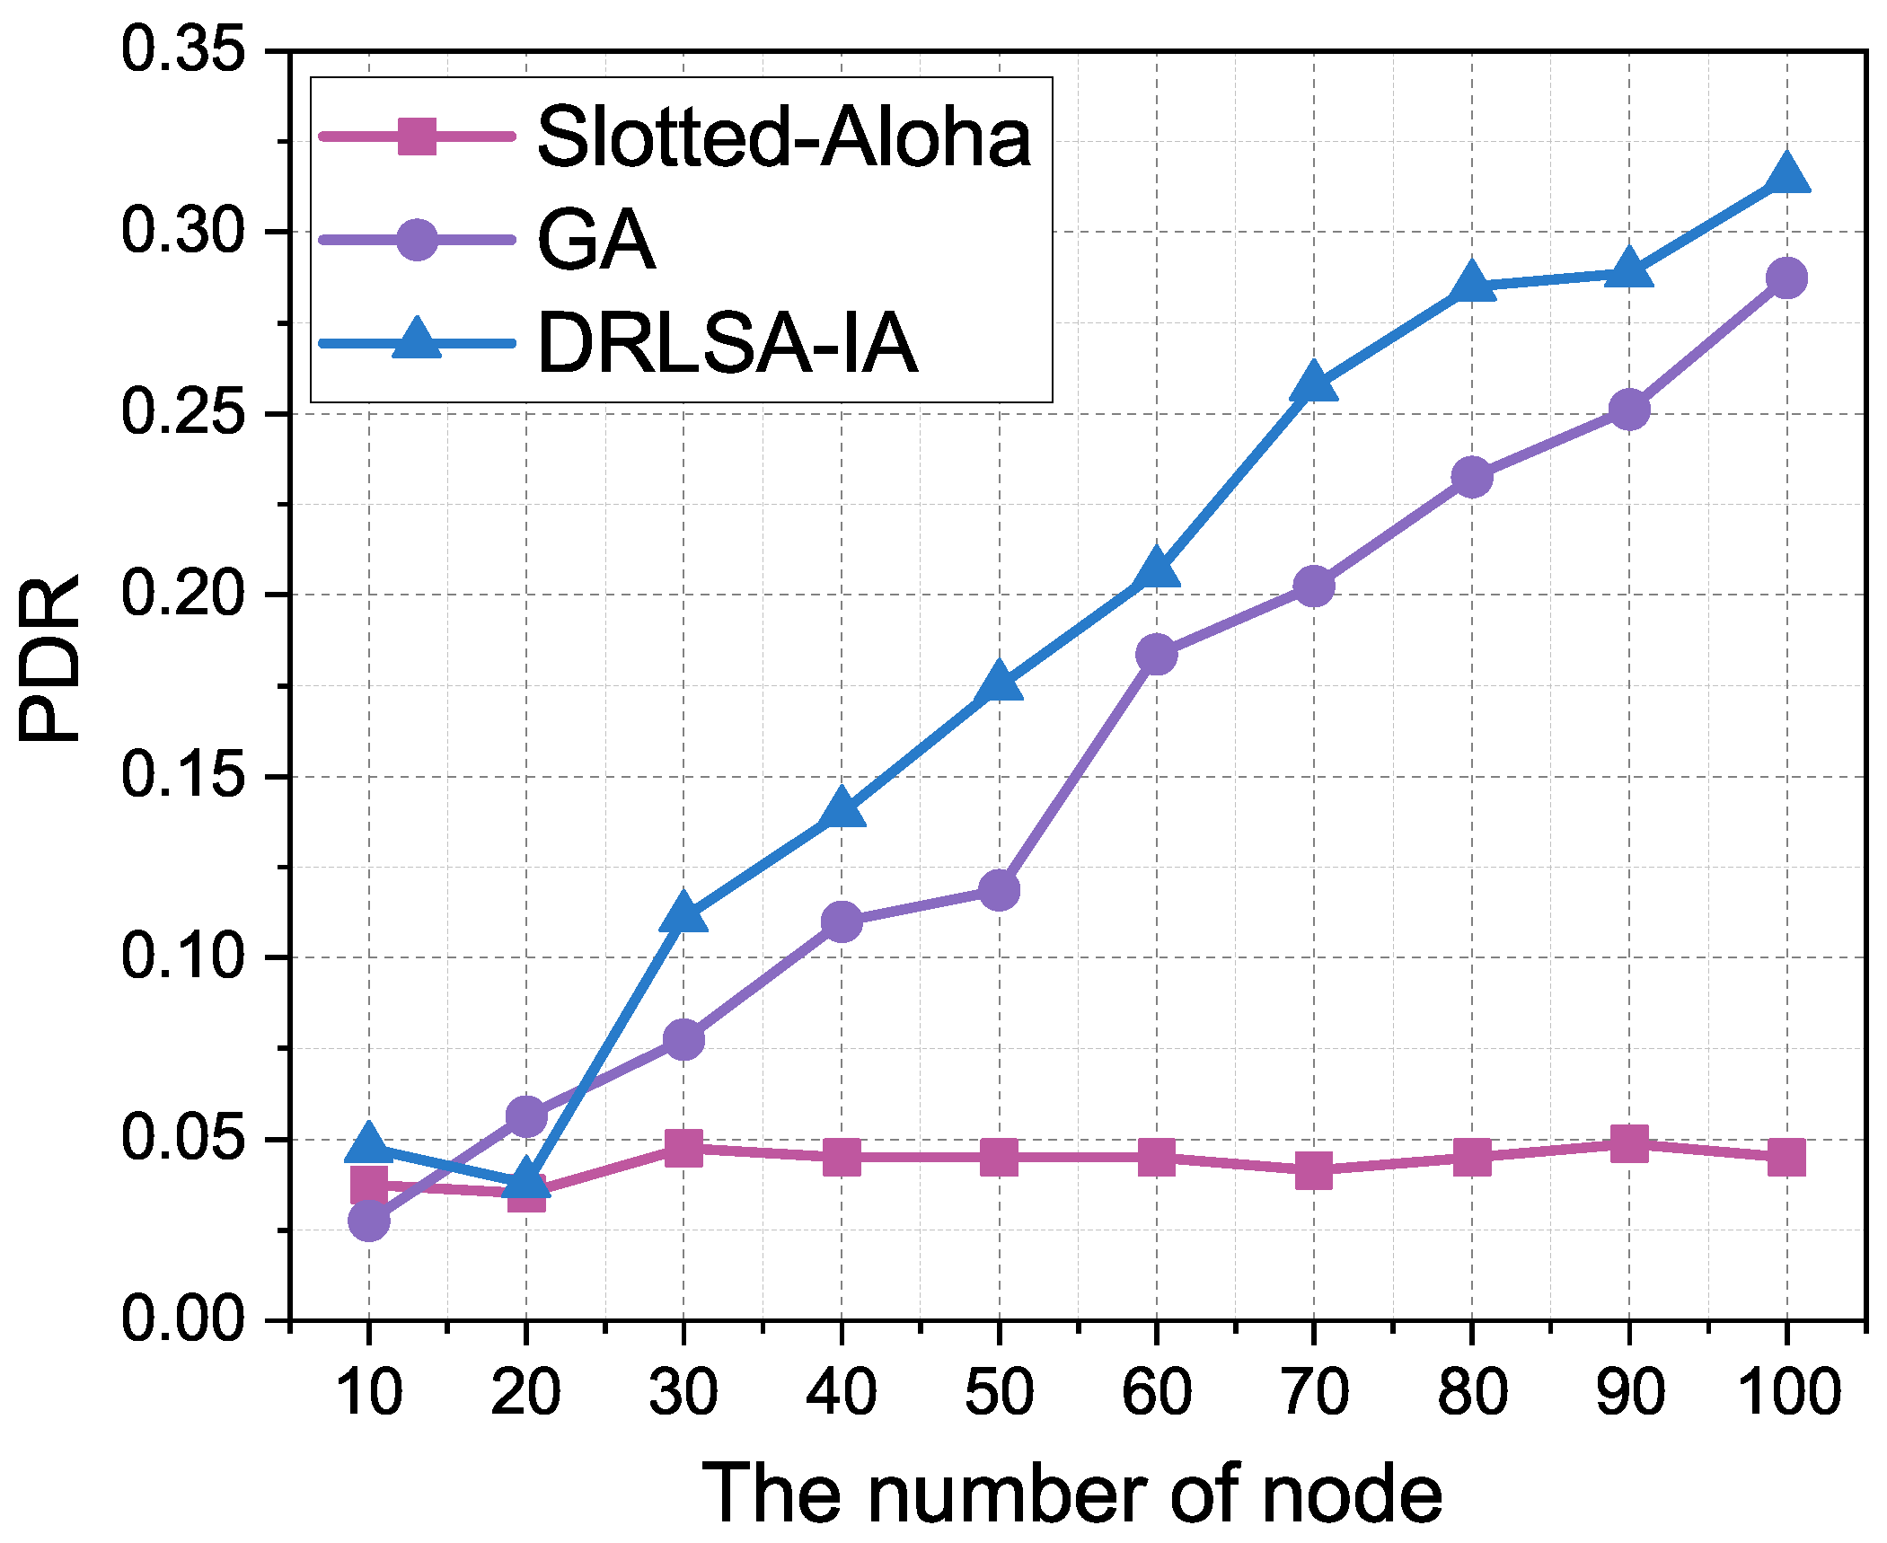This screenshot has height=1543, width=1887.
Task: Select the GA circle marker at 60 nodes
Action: click(1156, 655)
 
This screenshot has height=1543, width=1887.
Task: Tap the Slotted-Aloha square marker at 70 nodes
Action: click(1313, 1170)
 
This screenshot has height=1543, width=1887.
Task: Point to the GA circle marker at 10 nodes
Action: click(368, 1220)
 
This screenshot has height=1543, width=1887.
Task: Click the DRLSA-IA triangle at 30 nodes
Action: click(683, 913)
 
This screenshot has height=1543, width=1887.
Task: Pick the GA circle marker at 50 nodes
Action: click(999, 890)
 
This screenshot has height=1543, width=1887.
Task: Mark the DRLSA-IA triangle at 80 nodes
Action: click(1471, 284)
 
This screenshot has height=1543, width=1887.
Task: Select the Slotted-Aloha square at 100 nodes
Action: click(1786, 1157)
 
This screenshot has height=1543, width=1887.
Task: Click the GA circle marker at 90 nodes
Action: click(1628, 410)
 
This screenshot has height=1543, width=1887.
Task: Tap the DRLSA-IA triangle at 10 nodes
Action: click(368, 1142)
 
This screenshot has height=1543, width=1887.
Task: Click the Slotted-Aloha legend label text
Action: click(783, 137)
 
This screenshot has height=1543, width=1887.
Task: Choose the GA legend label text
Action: click(595, 240)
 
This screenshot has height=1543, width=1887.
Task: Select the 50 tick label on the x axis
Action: click(999, 1393)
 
